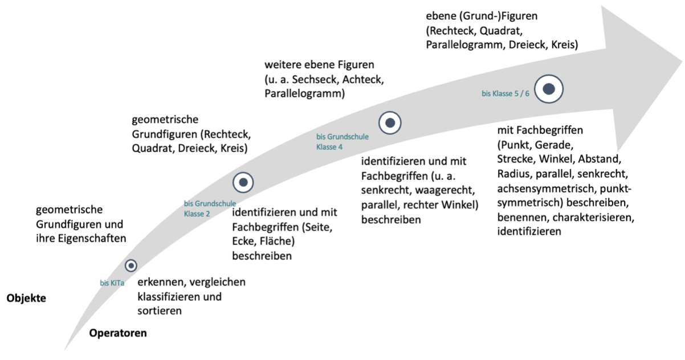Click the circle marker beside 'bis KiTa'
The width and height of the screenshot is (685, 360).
pos(131,265)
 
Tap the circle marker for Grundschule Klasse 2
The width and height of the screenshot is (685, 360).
pos(243,182)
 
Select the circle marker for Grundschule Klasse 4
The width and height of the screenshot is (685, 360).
pos(390,123)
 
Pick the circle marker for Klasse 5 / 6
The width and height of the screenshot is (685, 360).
pos(549,89)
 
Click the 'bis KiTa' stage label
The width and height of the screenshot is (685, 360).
pos(112,283)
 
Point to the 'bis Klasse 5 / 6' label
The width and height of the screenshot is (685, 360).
pos(505,93)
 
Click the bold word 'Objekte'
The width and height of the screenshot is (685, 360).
pos(26,298)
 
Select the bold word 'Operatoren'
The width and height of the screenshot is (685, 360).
pos(118,333)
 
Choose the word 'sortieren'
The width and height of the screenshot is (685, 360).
pos(160,311)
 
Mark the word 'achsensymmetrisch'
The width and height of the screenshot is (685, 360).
pos(547,189)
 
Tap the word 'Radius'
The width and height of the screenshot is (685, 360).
pos(515,174)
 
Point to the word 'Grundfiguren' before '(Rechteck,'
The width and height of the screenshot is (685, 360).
pos(165,134)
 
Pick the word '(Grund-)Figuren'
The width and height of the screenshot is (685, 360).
pos(498,16)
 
